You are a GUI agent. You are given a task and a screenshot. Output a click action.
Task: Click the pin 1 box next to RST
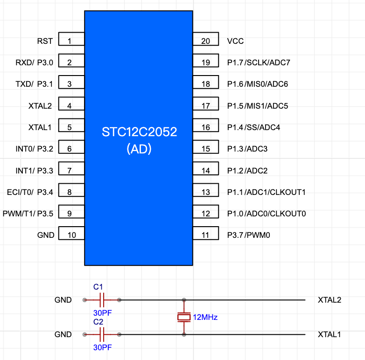(71, 41)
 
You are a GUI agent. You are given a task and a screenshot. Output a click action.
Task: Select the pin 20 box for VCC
(206, 41)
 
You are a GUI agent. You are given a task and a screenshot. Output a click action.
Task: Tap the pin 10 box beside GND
(71, 235)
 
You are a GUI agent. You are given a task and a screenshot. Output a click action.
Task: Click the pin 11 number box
(206, 235)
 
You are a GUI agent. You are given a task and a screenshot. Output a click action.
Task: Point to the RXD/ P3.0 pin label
(35, 62)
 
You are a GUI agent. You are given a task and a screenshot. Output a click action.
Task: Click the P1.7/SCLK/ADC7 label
(258, 62)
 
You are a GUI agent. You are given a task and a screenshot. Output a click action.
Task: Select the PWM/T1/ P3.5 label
(28, 214)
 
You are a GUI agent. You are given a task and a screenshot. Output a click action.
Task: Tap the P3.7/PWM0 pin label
(249, 235)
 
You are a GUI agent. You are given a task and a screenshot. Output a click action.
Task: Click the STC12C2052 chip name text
(140, 132)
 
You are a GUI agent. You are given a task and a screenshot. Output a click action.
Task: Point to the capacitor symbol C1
(102, 299)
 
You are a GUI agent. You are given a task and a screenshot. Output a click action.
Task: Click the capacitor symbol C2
(102, 334)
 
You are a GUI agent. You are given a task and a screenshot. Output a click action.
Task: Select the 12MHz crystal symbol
(184, 317)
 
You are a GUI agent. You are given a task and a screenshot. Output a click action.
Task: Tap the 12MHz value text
(205, 318)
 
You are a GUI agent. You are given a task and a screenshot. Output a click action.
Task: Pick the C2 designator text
(98, 322)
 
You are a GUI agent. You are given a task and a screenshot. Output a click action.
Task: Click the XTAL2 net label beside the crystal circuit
(330, 299)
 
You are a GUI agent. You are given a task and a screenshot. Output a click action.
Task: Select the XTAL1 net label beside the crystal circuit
(330, 334)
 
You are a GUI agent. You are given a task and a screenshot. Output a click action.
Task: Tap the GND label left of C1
(63, 299)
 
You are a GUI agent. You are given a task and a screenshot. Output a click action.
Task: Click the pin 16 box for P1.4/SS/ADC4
(206, 127)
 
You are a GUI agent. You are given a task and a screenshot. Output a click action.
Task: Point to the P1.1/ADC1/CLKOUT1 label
(267, 192)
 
